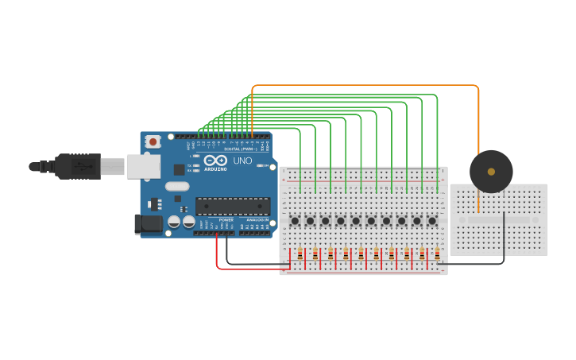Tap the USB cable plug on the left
(x=75, y=166)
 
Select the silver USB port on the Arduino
(x=144, y=166)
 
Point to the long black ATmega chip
(x=233, y=206)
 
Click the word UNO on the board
(x=242, y=161)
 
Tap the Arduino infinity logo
(x=215, y=160)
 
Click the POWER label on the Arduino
(x=226, y=219)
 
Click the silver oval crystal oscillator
(x=177, y=187)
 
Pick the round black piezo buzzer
(x=491, y=172)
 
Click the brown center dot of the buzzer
(x=491, y=172)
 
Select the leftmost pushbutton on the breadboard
(x=295, y=221)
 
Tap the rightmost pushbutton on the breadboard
(x=432, y=221)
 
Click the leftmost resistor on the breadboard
(x=300, y=254)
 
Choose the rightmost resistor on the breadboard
(x=437, y=254)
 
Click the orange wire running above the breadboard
(x=365, y=85)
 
